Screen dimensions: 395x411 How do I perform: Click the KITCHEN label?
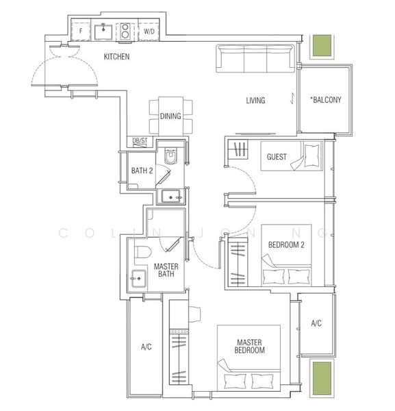click(x=116, y=57)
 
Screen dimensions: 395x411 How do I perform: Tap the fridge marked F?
click(x=81, y=32)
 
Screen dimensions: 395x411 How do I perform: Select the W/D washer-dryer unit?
click(x=149, y=32)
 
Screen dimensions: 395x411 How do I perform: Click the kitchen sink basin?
click(x=103, y=32)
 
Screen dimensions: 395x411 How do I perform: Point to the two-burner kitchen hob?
click(x=125, y=32)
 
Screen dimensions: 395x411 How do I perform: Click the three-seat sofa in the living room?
click(x=255, y=58)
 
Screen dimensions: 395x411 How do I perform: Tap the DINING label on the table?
click(x=170, y=116)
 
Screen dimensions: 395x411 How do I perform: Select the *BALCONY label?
click(x=326, y=99)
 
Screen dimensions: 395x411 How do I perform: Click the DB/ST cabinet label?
click(x=140, y=140)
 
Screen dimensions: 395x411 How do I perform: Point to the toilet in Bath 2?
click(x=170, y=156)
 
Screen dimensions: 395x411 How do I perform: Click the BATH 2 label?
click(x=142, y=171)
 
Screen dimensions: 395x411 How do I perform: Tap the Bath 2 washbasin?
click(x=170, y=197)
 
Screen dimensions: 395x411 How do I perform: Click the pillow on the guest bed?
click(x=311, y=155)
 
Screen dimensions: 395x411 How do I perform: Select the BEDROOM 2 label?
click(x=286, y=245)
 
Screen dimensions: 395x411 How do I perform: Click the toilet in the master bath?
click(x=143, y=252)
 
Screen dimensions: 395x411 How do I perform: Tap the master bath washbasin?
click(x=138, y=278)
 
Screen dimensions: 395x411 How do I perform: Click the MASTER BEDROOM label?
click(x=249, y=346)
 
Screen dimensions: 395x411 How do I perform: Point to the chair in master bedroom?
click(x=194, y=314)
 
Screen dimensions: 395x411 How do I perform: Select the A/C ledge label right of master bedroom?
click(x=316, y=323)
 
